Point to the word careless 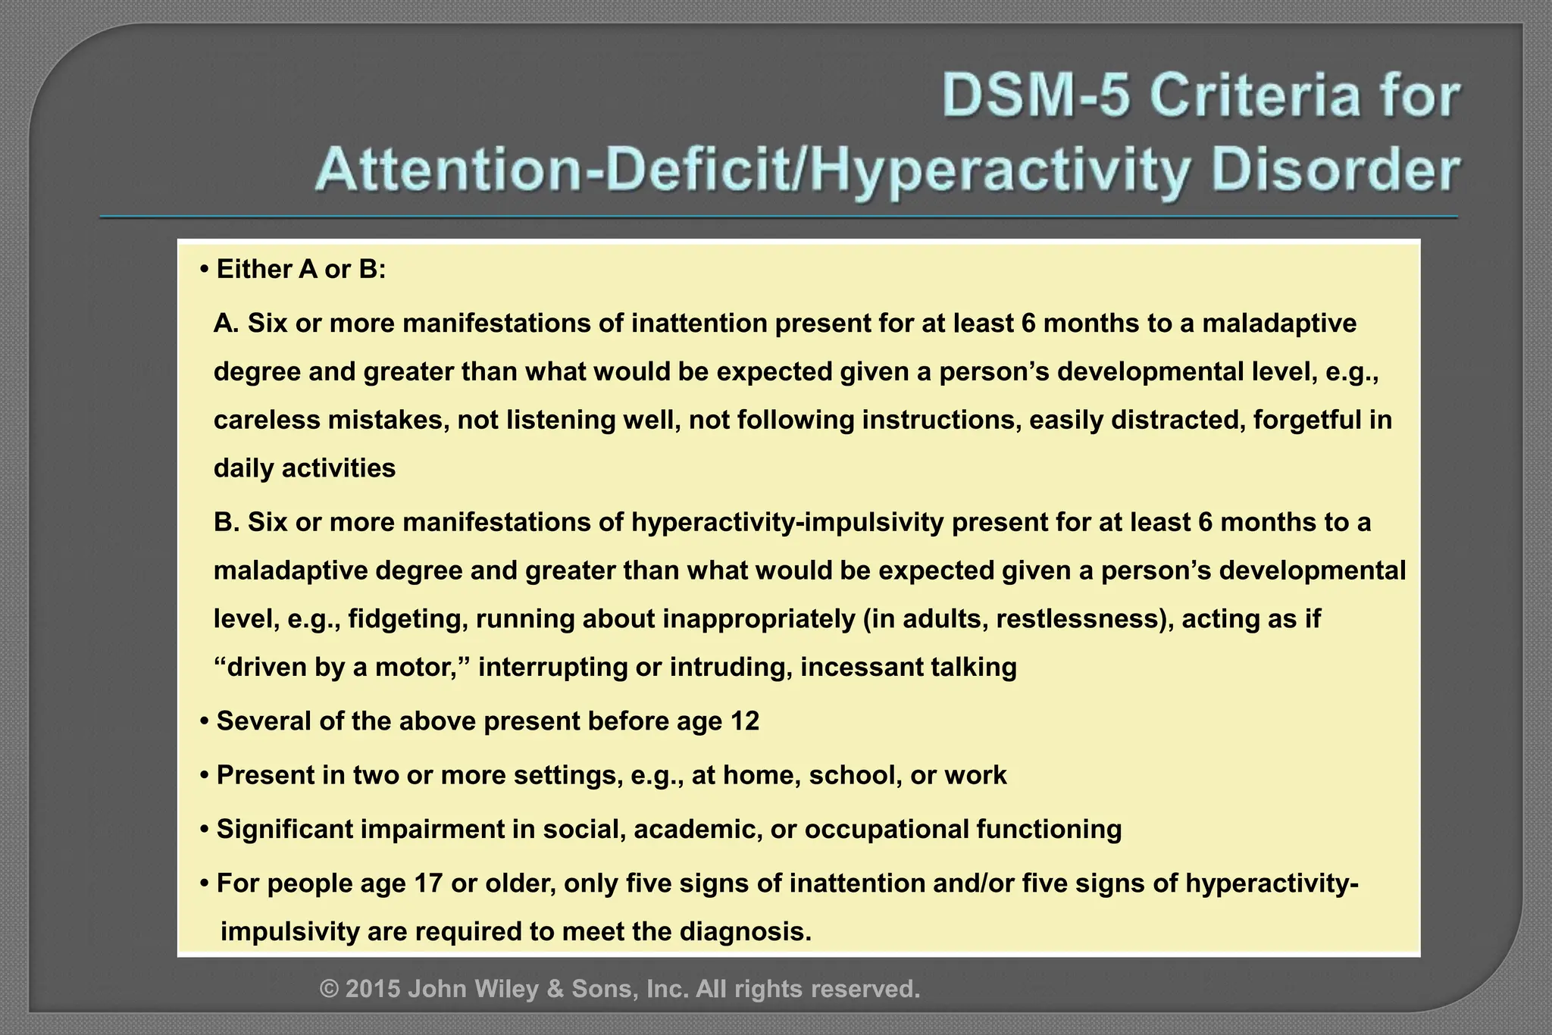coord(267,420)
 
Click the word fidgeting coord(407,619)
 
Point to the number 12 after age coord(745,721)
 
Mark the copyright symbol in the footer coord(329,989)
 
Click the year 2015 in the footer coord(373,989)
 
